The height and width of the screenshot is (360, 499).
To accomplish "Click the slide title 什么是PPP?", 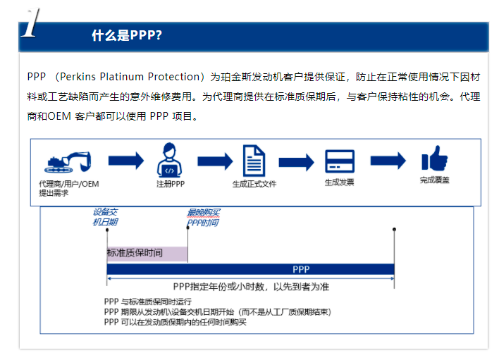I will [x=127, y=36].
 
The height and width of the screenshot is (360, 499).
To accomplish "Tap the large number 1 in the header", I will [x=30, y=25].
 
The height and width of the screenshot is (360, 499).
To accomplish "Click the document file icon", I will [x=254, y=160].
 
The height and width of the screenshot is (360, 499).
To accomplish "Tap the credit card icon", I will [x=339, y=161].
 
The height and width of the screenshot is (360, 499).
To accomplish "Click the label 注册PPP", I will [x=170, y=183].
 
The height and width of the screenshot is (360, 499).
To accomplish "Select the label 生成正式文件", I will [x=254, y=183].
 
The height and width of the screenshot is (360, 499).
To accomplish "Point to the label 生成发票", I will [x=339, y=182].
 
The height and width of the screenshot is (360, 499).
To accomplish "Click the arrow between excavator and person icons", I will [x=125, y=161].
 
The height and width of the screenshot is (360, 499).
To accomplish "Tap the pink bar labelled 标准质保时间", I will [x=147, y=254].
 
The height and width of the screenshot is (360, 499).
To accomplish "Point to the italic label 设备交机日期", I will [x=106, y=216].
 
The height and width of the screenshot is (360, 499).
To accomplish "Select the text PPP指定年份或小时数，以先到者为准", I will [x=251, y=287].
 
